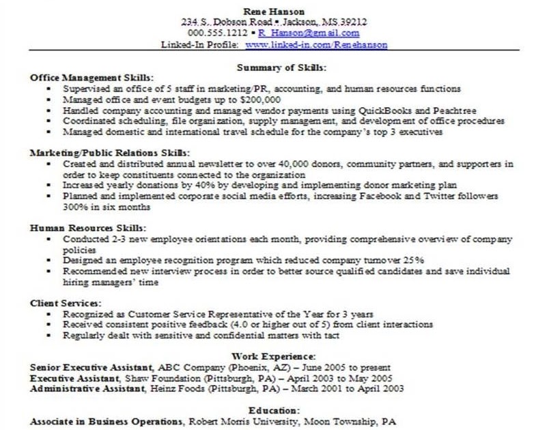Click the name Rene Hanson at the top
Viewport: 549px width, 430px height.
tap(274, 11)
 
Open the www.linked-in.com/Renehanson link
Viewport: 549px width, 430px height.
tap(316, 44)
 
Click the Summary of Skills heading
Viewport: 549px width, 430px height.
tap(281, 68)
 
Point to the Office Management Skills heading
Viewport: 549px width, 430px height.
tap(91, 78)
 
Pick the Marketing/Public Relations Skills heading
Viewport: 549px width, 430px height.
tap(109, 153)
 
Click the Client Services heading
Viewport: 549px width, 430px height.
tap(66, 302)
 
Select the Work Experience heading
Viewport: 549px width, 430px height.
tap(273, 356)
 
